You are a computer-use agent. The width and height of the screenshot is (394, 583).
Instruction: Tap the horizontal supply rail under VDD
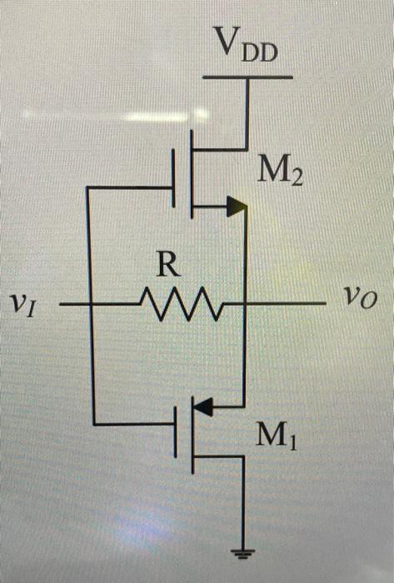[x=247, y=77]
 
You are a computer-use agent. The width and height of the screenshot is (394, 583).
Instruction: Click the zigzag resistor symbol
[x=181, y=304]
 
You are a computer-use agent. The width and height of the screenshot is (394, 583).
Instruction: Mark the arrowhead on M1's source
[x=205, y=406]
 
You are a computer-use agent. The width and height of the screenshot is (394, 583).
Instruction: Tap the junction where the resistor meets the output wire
[x=243, y=305]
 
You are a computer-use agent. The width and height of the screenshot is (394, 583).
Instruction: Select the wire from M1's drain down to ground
[x=243, y=500]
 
